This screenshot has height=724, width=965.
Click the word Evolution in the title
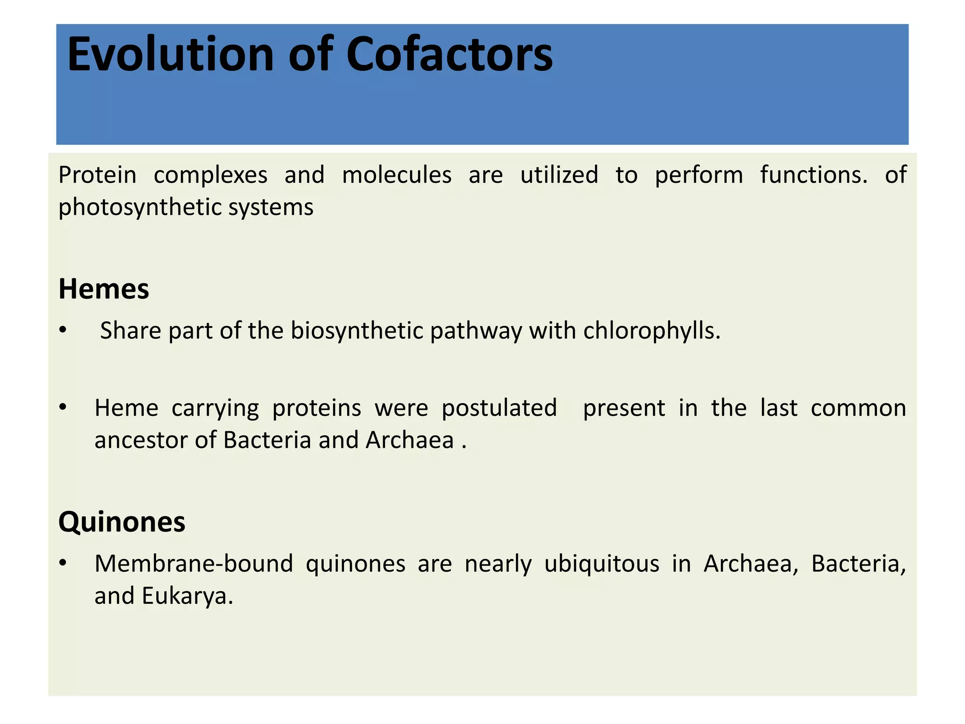(170, 55)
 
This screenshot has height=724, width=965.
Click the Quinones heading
(122, 522)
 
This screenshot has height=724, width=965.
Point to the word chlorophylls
(652, 331)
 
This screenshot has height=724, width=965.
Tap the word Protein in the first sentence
(97, 175)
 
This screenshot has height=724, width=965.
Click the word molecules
(397, 175)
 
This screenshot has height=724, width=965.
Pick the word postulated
(499, 408)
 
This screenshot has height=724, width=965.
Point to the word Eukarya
(187, 596)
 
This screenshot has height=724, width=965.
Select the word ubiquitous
(602, 564)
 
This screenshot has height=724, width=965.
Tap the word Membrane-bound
(193, 564)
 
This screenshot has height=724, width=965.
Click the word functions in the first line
(813, 175)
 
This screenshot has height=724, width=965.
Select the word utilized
(559, 175)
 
